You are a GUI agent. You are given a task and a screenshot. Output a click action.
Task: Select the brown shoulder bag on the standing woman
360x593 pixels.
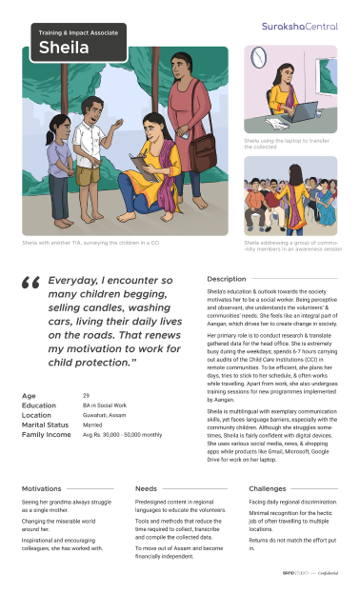202,143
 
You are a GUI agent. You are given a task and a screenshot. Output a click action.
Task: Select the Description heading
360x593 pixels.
227,279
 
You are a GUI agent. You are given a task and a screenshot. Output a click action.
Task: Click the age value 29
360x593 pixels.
86,394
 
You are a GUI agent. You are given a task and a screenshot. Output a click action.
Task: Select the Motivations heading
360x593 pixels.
42,488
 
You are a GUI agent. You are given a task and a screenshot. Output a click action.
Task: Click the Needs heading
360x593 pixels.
147,488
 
